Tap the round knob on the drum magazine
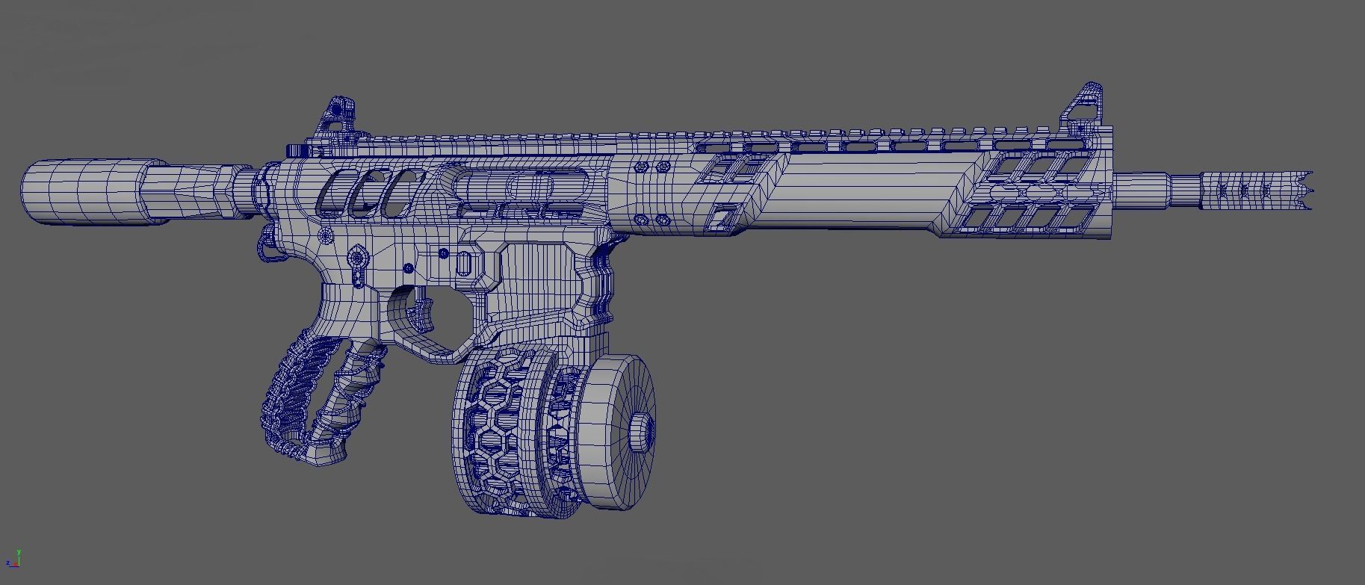tap(641, 431)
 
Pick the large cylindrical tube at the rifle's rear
tap(90, 191)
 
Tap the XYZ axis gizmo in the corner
tap(13, 560)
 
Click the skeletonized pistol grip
tap(314, 396)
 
